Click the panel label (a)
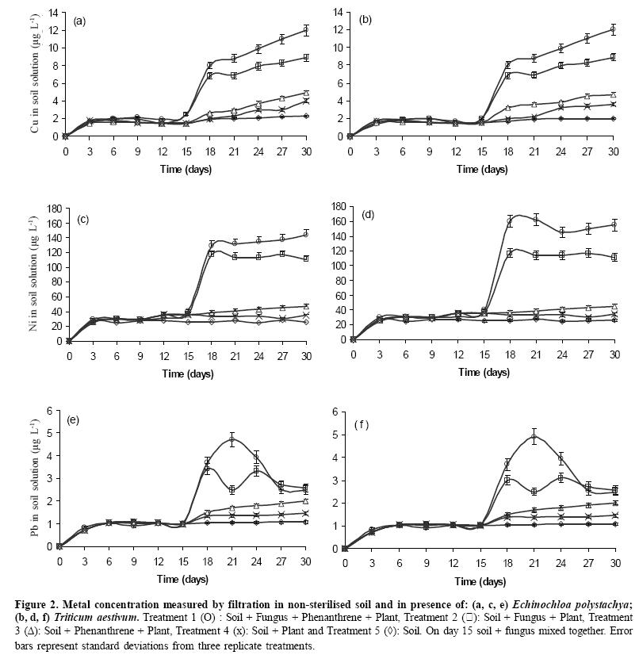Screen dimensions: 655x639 click(79, 21)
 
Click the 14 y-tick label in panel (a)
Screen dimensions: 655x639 click(54, 13)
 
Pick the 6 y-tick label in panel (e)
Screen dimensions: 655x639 click(48, 410)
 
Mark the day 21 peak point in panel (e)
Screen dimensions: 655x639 click(232, 439)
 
